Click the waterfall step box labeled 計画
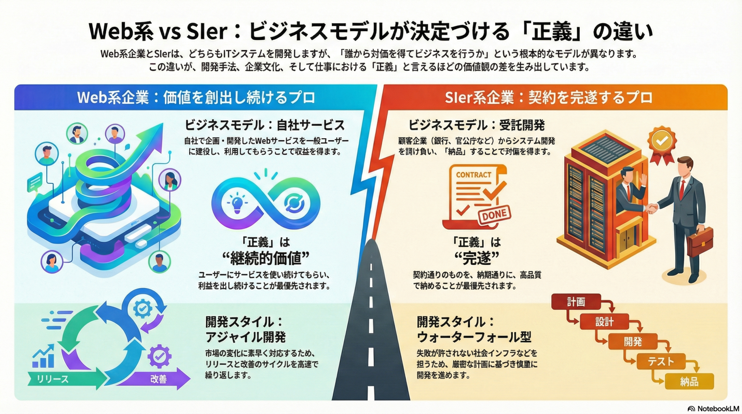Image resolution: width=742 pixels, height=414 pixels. click(576, 302)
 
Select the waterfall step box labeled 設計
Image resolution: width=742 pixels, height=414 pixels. click(604, 322)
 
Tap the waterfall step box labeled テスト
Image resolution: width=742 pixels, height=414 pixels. click(660, 361)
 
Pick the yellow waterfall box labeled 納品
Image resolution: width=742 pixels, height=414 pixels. click(689, 382)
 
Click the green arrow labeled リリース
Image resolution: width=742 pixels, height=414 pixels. click(62, 379)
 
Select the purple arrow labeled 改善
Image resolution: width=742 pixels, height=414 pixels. click(158, 379)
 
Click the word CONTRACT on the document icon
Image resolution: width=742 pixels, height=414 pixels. click(473, 175)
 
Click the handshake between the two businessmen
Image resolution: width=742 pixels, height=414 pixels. click(652, 208)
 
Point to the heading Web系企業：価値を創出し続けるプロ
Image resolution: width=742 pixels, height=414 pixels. click(196, 97)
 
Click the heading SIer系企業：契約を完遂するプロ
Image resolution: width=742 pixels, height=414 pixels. click(549, 97)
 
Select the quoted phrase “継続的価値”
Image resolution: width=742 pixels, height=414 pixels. click(265, 258)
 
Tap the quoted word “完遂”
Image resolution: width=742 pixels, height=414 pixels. click(477, 258)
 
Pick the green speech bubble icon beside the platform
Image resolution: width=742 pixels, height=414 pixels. click(35, 182)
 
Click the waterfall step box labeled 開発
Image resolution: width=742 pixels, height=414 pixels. click(633, 342)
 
